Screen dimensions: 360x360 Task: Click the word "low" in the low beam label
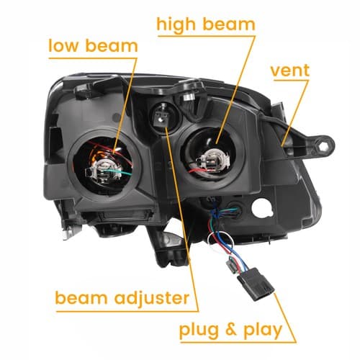click(x=63, y=45)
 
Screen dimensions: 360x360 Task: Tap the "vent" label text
click(x=290, y=71)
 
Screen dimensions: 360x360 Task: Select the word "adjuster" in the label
click(x=152, y=298)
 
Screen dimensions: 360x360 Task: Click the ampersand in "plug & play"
click(x=230, y=329)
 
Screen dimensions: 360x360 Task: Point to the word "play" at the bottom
click(x=263, y=330)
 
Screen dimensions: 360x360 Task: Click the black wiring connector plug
click(x=256, y=284)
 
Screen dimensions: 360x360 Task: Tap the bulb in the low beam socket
click(x=103, y=169)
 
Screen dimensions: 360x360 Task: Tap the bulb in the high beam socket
click(x=213, y=160)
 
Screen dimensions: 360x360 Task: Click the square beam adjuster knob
click(x=161, y=117)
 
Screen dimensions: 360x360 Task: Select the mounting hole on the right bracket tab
click(x=323, y=145)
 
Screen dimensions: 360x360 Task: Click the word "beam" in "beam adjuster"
click(x=81, y=298)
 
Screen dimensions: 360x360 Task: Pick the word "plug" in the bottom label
click(x=199, y=330)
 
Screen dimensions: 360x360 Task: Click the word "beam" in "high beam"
click(x=229, y=24)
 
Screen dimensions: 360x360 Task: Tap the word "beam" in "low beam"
click(x=112, y=45)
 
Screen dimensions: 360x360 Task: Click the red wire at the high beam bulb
click(x=198, y=171)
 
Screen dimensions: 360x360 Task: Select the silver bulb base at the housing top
click(x=189, y=96)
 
